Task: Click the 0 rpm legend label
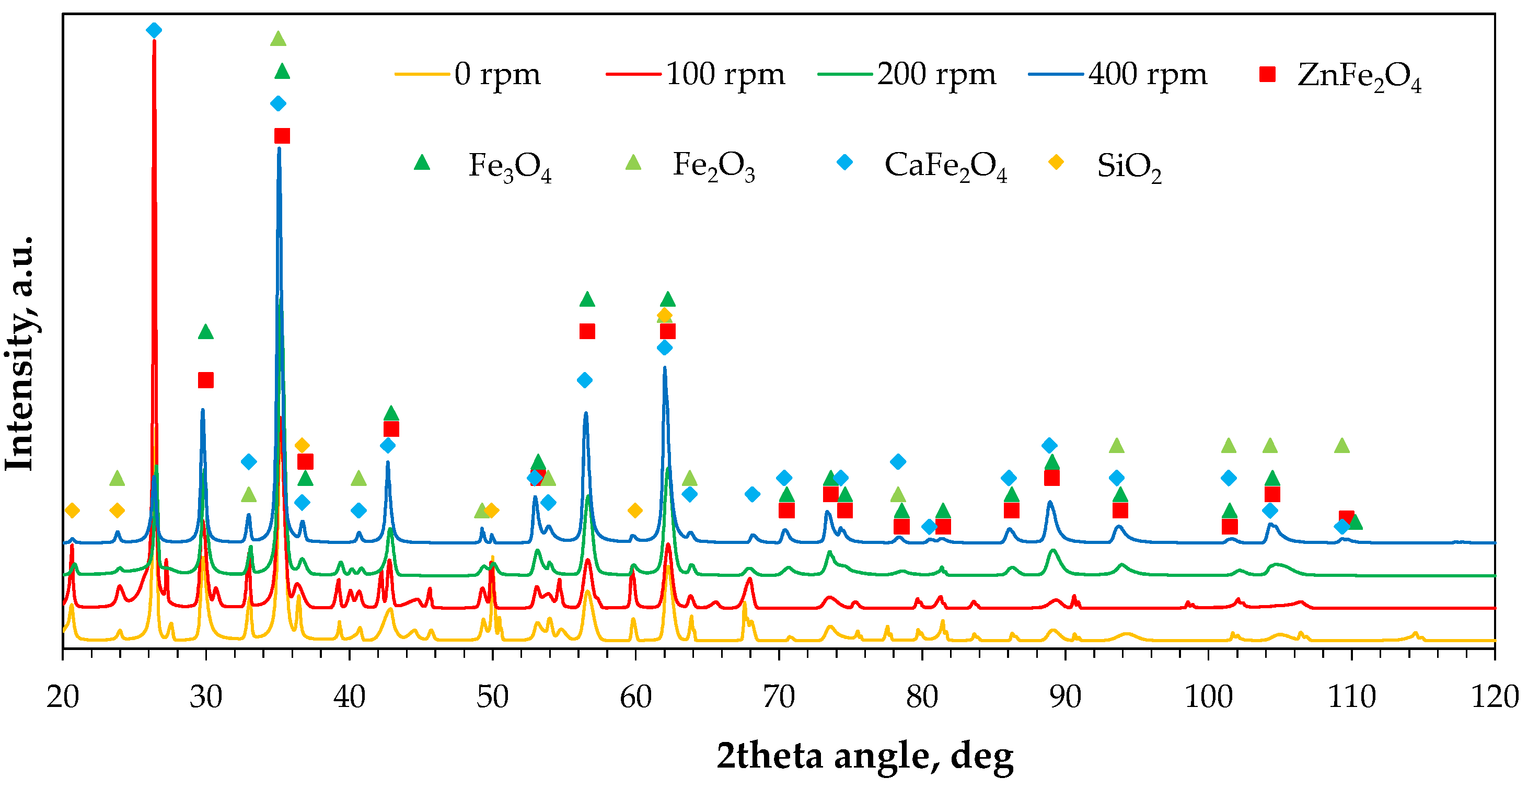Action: [497, 75]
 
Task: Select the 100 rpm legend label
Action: [725, 75]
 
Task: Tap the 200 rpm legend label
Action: [936, 75]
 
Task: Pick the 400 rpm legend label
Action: [1147, 75]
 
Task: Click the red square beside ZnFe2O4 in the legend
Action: [1268, 75]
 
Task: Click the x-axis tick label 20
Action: [62, 697]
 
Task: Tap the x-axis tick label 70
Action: [778, 697]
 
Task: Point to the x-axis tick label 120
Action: [1494, 697]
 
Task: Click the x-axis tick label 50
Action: [492, 697]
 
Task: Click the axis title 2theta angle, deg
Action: [864, 756]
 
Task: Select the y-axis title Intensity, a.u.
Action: [19, 354]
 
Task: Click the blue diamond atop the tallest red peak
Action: [154, 30]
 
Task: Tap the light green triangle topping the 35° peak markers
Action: [278, 39]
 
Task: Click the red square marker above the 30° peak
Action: [205, 380]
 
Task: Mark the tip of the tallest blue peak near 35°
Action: [279, 148]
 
